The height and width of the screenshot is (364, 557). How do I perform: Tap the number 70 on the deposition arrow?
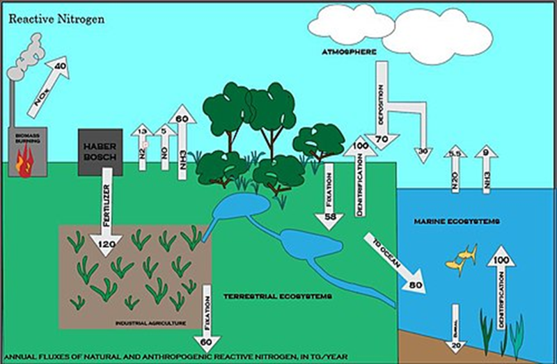click(x=382, y=139)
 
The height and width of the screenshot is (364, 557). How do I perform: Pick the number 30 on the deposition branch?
click(x=423, y=152)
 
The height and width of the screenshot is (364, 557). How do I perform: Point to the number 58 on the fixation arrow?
click(x=329, y=218)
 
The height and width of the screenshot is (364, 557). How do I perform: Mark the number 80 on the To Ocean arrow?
click(x=416, y=284)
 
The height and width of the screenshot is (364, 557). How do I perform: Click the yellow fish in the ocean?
click(x=461, y=258)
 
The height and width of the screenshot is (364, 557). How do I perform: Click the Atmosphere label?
click(x=350, y=52)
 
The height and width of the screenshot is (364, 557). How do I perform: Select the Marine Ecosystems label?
click(x=448, y=221)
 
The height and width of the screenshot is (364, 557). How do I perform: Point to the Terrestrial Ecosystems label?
click(x=276, y=296)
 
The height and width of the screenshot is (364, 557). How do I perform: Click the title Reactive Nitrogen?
click(x=56, y=19)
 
